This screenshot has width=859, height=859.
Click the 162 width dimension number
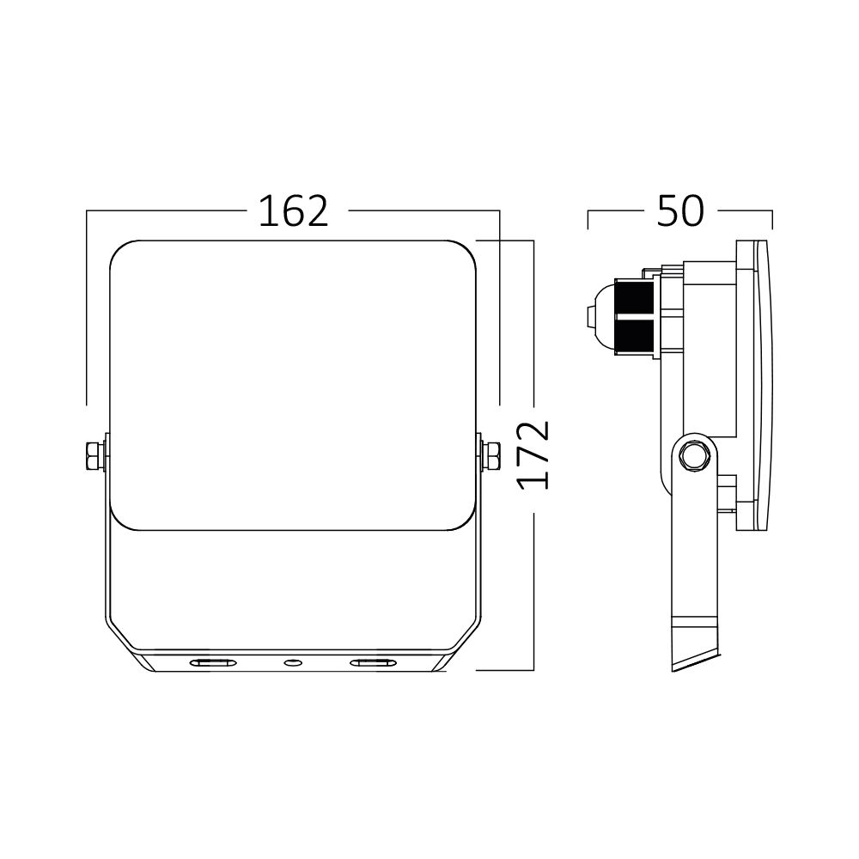click(294, 211)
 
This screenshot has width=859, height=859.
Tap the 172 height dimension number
click(535, 455)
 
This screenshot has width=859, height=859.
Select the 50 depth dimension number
click(679, 211)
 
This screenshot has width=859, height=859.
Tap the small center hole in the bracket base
click(293, 662)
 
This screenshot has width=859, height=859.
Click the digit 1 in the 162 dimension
click(267, 211)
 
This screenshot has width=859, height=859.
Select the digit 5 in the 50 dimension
click(668, 211)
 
